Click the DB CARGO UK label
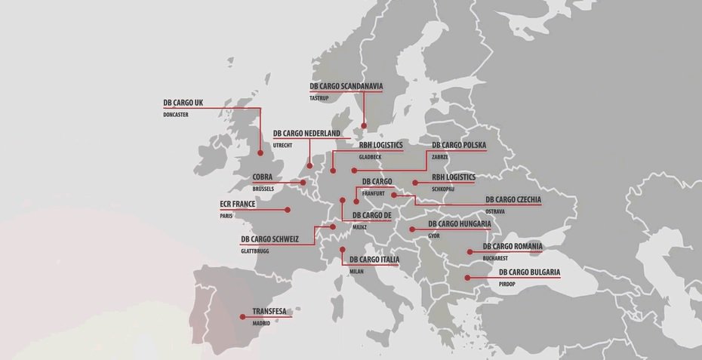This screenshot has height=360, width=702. tap(183, 103)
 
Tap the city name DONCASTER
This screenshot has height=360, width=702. tap(175, 115)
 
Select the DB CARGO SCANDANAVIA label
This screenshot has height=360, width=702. tap(346, 86)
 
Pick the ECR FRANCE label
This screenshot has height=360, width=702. tap(238, 204)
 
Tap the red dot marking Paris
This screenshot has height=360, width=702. tap(288, 210)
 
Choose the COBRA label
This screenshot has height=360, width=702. tap(263, 177)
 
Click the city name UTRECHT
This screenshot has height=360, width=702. tap(282, 145)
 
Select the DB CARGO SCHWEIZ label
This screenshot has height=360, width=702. tap(269, 239)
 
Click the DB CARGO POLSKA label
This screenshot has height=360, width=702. tap(459, 145)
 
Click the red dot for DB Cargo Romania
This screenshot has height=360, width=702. tap(469, 252)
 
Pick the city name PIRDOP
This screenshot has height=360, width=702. tap(506, 284)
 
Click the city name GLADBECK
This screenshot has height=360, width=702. tap(370, 157)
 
